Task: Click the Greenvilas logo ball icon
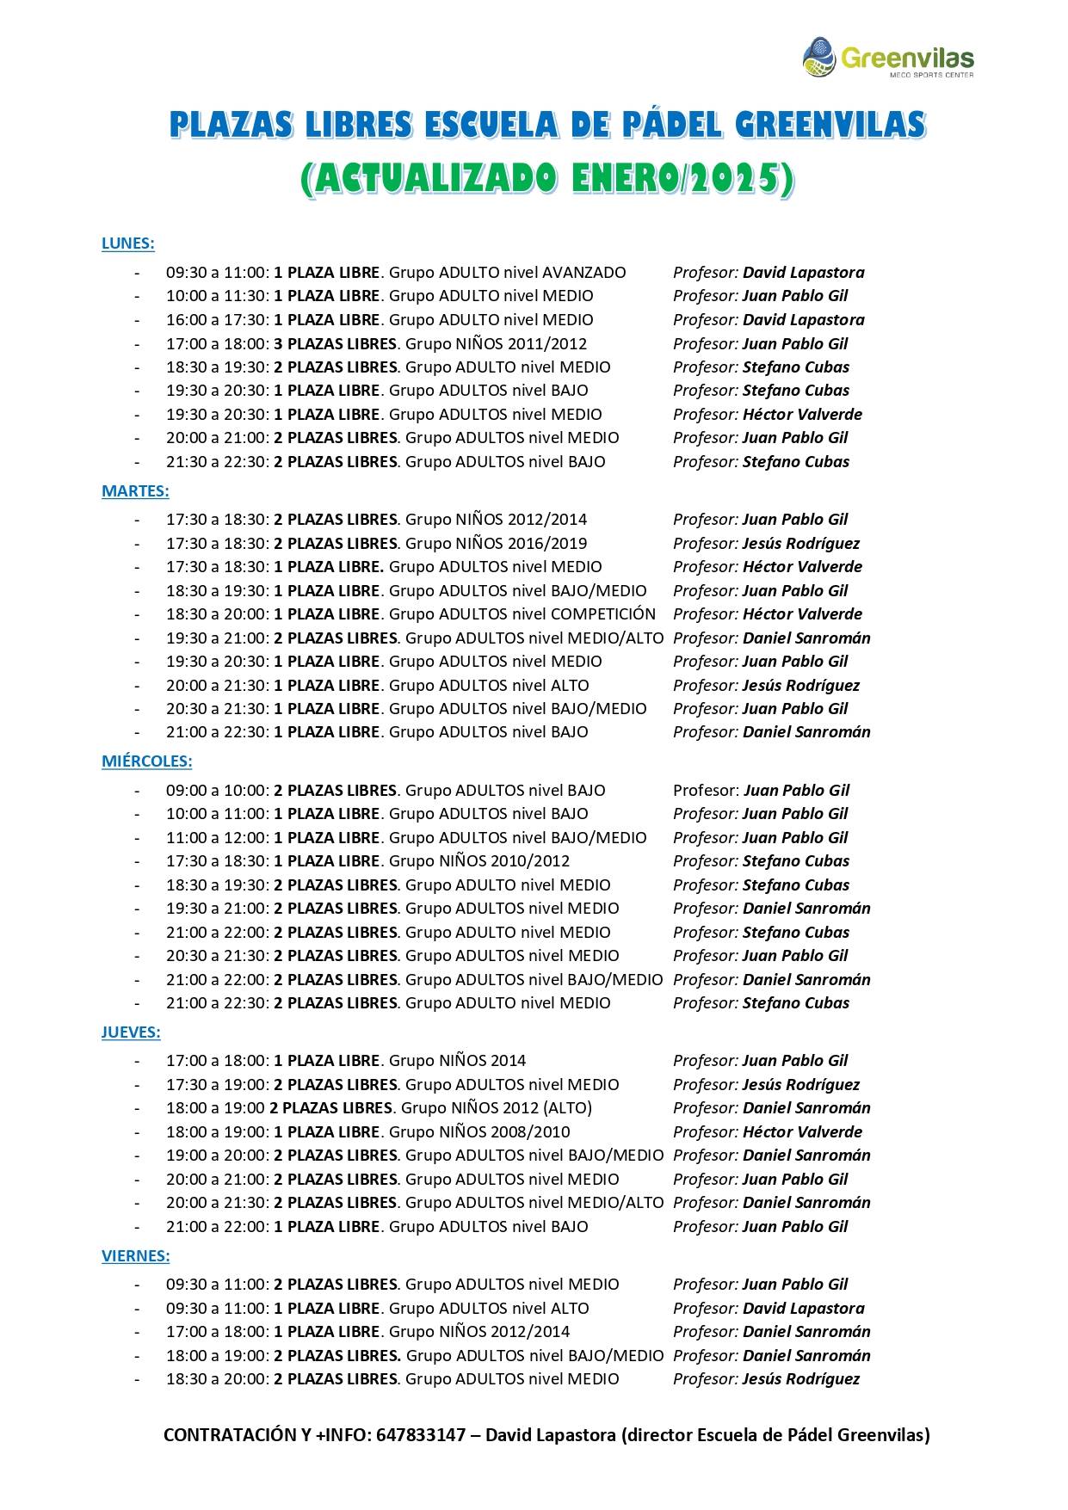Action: coord(819,57)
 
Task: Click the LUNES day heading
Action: coord(127,243)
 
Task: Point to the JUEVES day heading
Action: coord(131,1032)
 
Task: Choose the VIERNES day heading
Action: coord(135,1256)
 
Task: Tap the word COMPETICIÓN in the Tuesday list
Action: coord(602,614)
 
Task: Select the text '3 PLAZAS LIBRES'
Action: coord(335,344)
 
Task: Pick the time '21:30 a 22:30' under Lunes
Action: coord(217,462)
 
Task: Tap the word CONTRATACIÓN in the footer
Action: coord(231,1435)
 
